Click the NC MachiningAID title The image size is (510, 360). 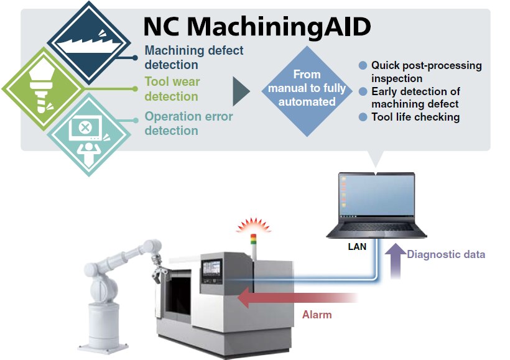(x=257, y=27)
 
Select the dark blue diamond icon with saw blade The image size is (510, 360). (x=92, y=43)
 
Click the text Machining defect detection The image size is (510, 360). (x=194, y=57)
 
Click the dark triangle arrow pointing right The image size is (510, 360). (x=240, y=92)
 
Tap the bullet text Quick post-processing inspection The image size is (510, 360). (x=426, y=72)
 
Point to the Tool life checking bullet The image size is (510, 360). (x=415, y=117)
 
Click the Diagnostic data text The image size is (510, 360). (x=445, y=254)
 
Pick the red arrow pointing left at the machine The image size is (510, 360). (x=292, y=297)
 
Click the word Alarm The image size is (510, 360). (x=317, y=315)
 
